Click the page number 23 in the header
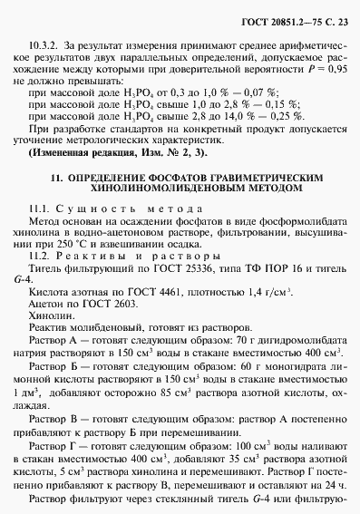[x=341, y=21]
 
